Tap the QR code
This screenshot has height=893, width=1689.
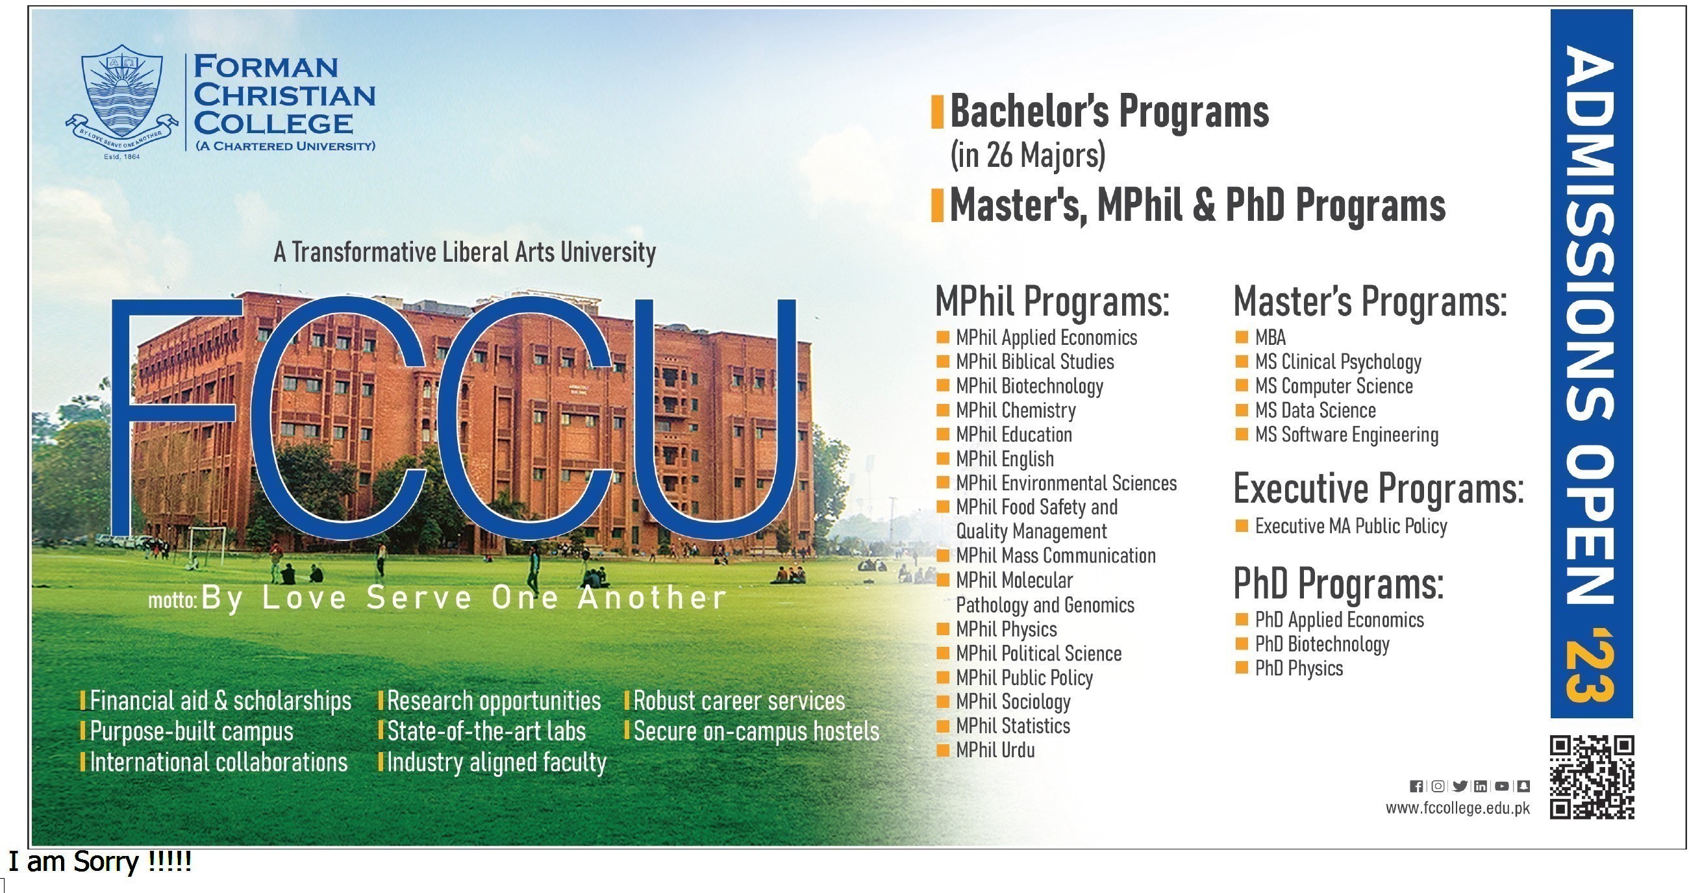1592,777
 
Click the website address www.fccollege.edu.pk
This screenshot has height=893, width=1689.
1458,809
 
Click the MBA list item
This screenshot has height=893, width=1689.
1270,338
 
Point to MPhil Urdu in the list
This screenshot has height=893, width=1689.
995,750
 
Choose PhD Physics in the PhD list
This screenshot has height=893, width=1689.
1299,668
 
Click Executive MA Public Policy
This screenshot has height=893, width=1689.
1351,526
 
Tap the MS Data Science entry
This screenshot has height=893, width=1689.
1315,410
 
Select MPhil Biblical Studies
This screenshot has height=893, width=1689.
1034,362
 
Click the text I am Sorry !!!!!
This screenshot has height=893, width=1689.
99,862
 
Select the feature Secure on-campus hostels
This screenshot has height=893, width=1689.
756,732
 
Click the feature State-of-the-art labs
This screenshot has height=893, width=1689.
486,732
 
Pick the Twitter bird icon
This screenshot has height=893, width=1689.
1460,786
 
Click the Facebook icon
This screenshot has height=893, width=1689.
1416,786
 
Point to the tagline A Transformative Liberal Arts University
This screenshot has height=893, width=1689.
465,253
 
